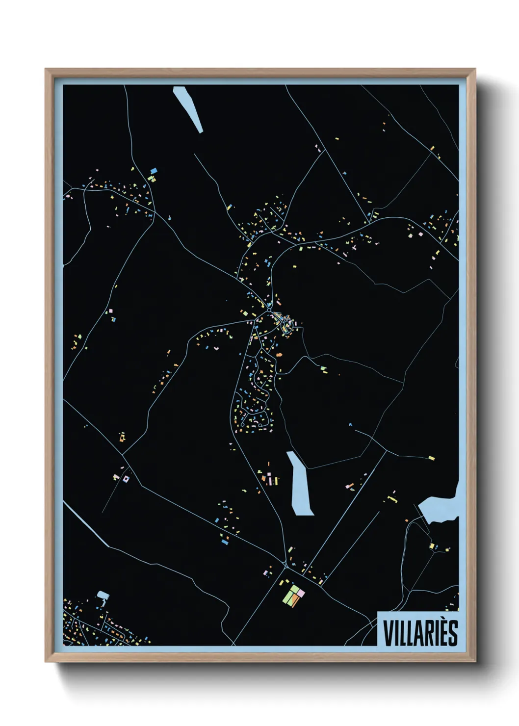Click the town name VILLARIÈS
coord(420,633)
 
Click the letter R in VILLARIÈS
coord(427,633)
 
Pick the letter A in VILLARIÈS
coord(417,633)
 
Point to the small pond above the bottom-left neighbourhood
coord(103,596)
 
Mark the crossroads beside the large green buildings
coord(285,567)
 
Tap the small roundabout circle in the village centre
coord(269,311)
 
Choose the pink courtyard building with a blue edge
coord(126,479)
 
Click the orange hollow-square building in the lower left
coord(122,436)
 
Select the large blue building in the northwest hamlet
coord(154,171)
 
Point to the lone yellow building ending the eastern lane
coord(431,458)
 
